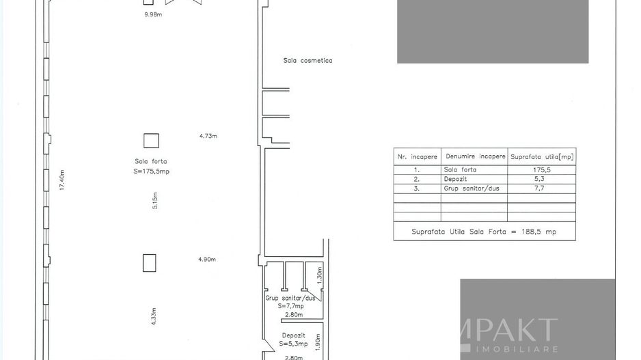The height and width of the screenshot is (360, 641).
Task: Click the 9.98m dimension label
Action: pos(153,14)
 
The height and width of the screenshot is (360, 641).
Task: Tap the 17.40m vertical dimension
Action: pos(62,180)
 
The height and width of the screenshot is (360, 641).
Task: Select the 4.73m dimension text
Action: pos(208,136)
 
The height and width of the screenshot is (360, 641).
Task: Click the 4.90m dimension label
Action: pos(206,260)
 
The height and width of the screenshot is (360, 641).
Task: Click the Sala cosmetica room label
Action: pos(308,61)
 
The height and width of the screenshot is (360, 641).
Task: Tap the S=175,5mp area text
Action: pos(151,171)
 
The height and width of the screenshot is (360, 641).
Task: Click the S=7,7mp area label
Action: pos(291,306)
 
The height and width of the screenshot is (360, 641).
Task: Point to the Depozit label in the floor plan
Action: pos(294,335)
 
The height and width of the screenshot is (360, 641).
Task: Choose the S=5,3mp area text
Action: pos(294,344)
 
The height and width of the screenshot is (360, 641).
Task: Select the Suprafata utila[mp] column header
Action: pos(542,156)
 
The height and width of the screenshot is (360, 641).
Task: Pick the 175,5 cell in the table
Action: pos(541,169)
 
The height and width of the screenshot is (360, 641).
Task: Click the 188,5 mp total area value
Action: pos(541,232)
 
